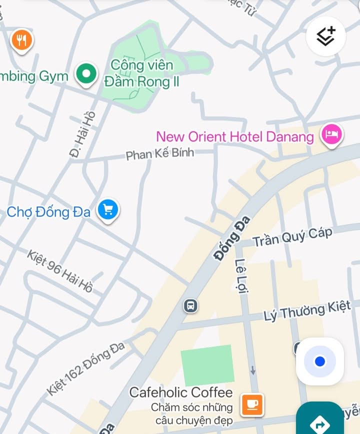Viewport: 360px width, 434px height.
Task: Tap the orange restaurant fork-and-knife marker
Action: click(21, 41)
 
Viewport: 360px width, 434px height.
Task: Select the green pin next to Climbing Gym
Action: click(86, 74)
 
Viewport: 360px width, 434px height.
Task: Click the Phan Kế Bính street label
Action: click(159, 153)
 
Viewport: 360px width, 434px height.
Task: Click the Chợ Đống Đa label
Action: click(48, 212)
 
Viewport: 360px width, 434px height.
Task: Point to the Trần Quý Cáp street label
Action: click(292, 237)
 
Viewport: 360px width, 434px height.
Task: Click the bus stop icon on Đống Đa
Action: click(190, 305)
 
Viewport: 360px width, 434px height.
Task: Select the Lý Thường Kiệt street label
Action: click(311, 311)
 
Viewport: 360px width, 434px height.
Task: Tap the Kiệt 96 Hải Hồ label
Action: click(60, 271)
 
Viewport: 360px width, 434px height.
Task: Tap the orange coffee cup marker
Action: click(252, 404)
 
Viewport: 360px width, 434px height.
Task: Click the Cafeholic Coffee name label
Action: click(181, 392)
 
